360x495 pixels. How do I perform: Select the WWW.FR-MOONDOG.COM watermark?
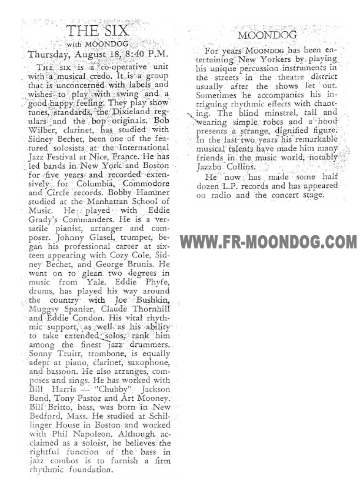tap(268, 242)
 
